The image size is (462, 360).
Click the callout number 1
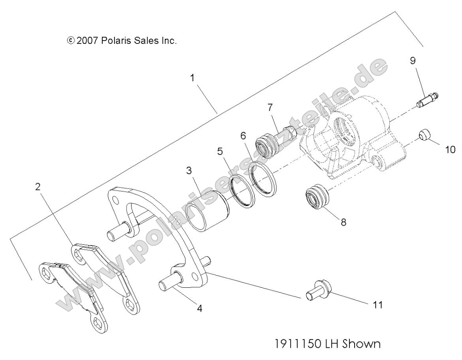click(192, 78)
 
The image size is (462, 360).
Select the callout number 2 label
click(38, 187)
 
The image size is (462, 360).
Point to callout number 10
click(450, 149)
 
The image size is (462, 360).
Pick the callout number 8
click(344, 222)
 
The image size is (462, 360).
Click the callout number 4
click(200, 309)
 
